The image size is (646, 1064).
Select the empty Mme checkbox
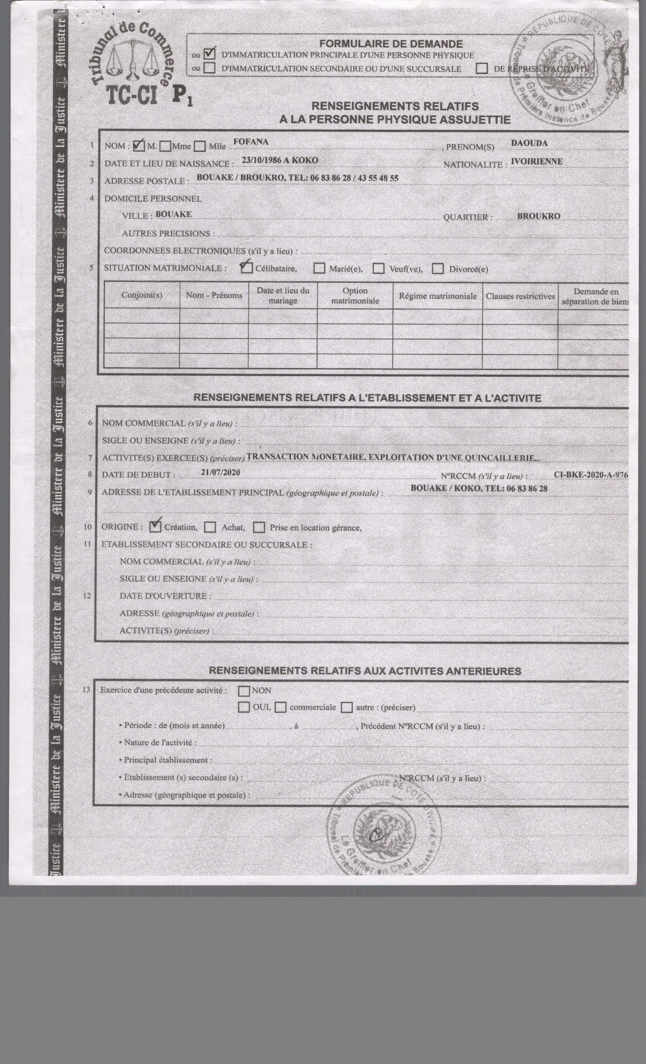coord(165,146)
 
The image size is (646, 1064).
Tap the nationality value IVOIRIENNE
coord(536,162)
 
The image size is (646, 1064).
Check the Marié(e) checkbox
coord(319,269)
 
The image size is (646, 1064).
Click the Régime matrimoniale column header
coord(438,296)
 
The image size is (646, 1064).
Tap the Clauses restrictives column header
coord(520,296)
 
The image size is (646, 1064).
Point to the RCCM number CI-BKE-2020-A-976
coord(590,474)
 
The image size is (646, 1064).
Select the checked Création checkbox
coord(155,526)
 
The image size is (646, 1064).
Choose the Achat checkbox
coord(210,527)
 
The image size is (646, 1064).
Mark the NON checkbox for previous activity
coord(244,691)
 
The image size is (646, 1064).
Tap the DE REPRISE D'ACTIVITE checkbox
coord(482,68)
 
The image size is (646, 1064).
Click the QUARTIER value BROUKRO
coord(539,216)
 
